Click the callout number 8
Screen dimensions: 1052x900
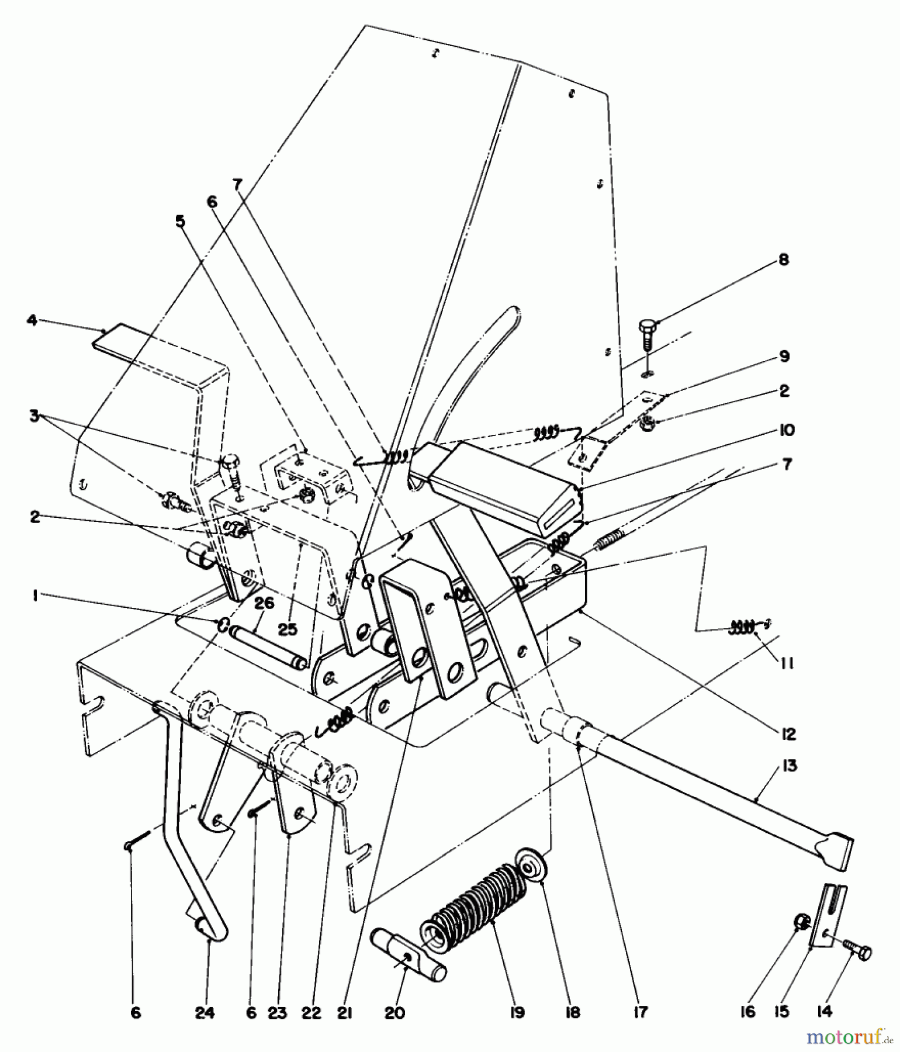pyautogui.click(x=784, y=259)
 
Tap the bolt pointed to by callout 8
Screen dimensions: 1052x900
pyautogui.click(x=647, y=332)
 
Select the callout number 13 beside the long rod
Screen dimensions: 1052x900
pyautogui.click(x=789, y=765)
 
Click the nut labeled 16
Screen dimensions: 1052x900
pyautogui.click(x=800, y=922)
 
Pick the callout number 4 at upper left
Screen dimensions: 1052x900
pyautogui.click(x=32, y=320)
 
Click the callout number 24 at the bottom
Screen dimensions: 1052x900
pyautogui.click(x=205, y=1012)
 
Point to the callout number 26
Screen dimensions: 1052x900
pyautogui.click(x=264, y=603)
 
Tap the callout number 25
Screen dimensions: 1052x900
pyautogui.click(x=288, y=629)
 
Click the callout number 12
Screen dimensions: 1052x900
pyautogui.click(x=789, y=734)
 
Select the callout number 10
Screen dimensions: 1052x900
pyautogui.click(x=787, y=431)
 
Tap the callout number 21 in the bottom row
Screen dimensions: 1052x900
pyautogui.click(x=344, y=1012)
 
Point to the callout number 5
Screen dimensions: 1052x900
pyautogui.click(x=180, y=222)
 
